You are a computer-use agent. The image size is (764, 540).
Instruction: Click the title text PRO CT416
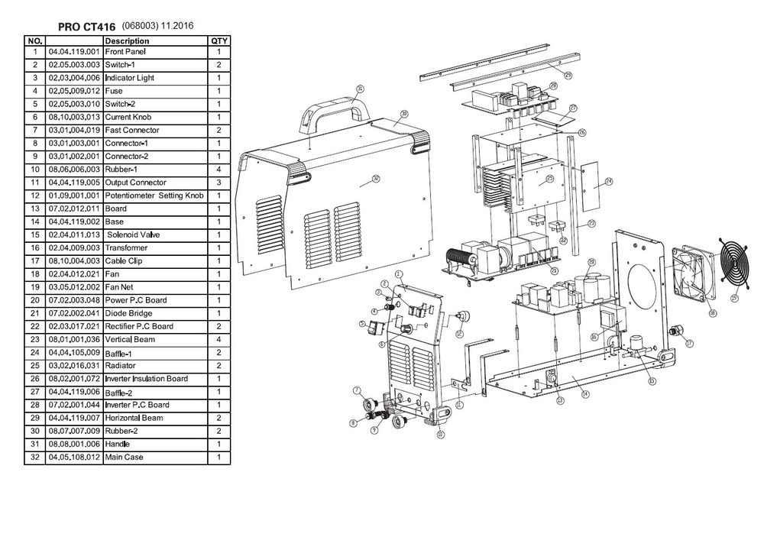pyautogui.click(x=86, y=27)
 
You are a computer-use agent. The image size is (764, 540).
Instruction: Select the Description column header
pyautogui.click(x=127, y=40)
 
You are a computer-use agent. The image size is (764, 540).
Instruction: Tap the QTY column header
pyautogui.click(x=219, y=40)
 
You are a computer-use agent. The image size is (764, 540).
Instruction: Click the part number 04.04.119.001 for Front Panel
pyautogui.click(x=74, y=51)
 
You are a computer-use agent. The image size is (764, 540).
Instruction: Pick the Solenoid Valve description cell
pyautogui.click(x=134, y=234)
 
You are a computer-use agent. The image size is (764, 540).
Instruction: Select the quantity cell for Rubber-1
pyautogui.click(x=219, y=169)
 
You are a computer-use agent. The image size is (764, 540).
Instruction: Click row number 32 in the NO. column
pyautogui.click(x=35, y=457)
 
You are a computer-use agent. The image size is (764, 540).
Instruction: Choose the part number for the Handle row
pyautogui.click(x=74, y=444)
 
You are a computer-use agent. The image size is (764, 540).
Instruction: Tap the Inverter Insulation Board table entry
pyautogui.click(x=146, y=379)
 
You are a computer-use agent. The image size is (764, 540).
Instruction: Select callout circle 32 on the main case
pyautogui.click(x=375, y=179)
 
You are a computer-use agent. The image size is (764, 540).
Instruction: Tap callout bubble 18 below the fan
pyautogui.click(x=711, y=312)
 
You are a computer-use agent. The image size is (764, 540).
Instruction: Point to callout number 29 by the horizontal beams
pyautogui.click(x=568, y=75)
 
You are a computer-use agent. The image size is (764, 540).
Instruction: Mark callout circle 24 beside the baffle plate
pyautogui.click(x=609, y=181)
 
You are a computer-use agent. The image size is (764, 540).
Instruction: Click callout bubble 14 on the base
pyautogui.click(x=585, y=394)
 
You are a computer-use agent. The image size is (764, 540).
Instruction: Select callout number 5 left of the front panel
pyautogui.click(x=361, y=324)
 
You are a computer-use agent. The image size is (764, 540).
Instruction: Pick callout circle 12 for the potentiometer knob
pyautogui.click(x=459, y=334)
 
